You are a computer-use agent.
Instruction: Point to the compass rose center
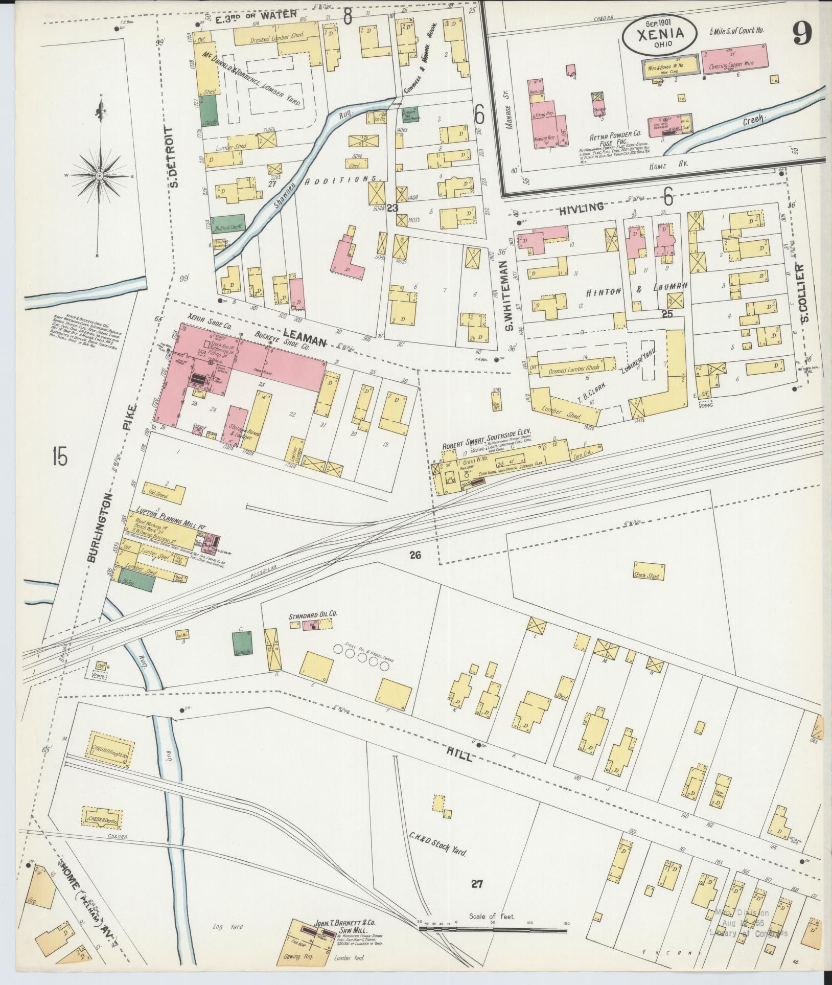100,176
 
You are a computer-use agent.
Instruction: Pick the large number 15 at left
59,456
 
